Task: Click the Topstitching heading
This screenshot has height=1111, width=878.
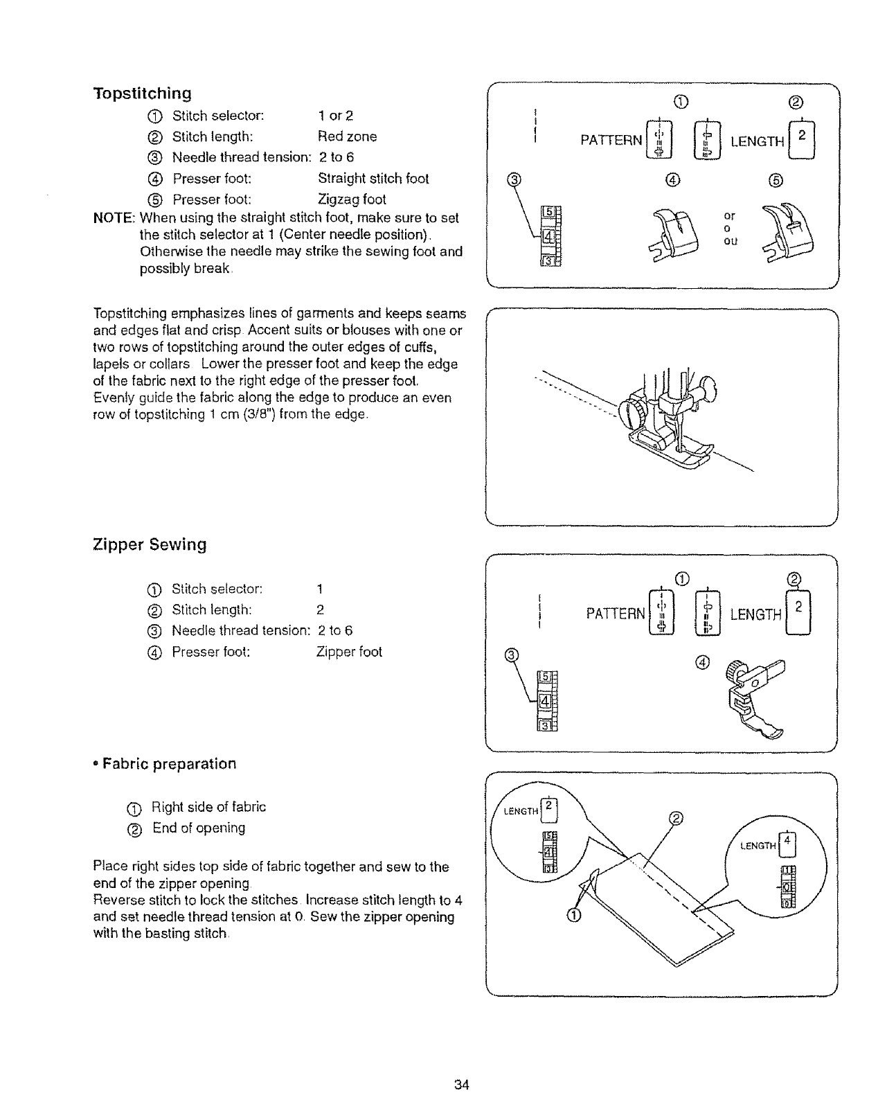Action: (142, 93)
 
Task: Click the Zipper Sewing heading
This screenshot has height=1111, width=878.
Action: (150, 544)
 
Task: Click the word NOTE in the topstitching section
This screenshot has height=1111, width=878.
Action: (113, 218)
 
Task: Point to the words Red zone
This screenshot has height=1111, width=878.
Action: (348, 136)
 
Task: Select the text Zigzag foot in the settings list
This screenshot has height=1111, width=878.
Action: (352, 199)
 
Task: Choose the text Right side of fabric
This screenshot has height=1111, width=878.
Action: (208, 807)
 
